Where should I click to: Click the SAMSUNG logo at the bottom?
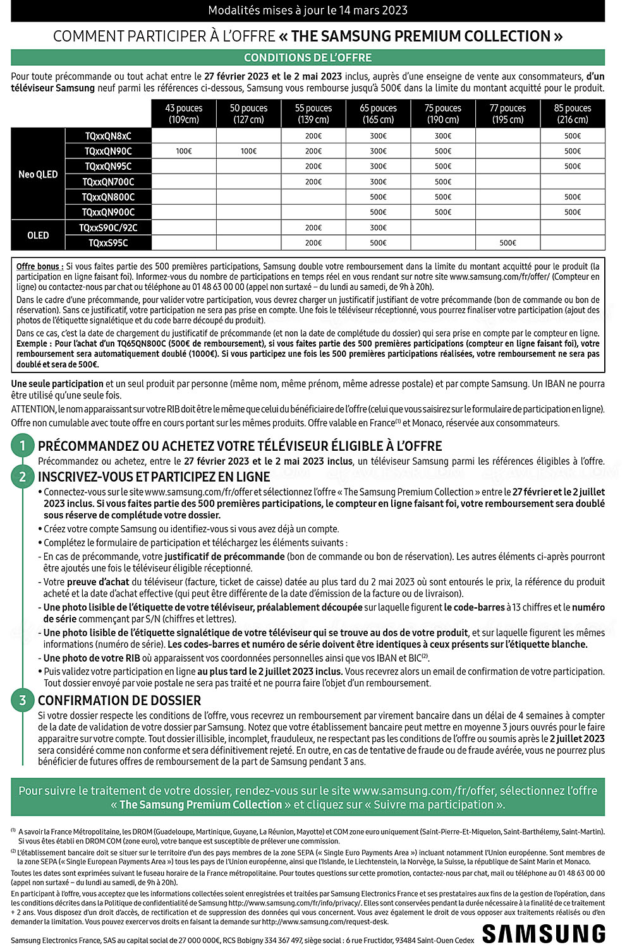click(544, 934)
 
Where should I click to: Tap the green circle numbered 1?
click(23, 446)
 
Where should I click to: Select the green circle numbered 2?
click(23, 477)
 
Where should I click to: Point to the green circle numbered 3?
click(23, 700)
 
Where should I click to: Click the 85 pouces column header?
click(573, 114)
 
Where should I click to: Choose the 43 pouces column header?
click(184, 114)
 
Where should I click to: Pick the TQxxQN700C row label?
click(108, 182)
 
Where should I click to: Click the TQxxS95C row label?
click(108, 243)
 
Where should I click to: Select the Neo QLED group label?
click(38, 174)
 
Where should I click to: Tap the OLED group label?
click(38, 235)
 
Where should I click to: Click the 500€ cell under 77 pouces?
click(507, 243)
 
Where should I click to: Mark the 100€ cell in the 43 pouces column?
click(184, 152)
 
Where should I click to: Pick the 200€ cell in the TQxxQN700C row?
click(313, 182)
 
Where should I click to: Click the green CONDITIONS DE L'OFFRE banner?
click(308, 57)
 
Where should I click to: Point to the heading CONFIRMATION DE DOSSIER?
click(119, 701)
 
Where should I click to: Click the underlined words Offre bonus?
click(40, 266)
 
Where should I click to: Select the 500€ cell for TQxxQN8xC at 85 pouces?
click(573, 136)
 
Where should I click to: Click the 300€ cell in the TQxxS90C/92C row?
click(378, 228)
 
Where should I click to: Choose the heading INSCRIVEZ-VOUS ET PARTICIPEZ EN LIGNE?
click(154, 477)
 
